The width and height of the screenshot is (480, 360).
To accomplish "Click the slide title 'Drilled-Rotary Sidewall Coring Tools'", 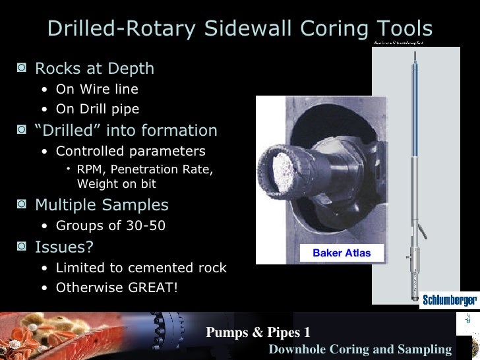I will (240, 28).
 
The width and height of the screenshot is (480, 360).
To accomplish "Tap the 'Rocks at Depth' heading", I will (94, 69).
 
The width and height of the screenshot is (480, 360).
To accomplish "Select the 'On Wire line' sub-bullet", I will (97, 89).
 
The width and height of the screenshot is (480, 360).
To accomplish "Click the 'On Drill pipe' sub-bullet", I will (98, 109).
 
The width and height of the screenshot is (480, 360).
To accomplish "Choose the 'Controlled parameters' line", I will (131, 151).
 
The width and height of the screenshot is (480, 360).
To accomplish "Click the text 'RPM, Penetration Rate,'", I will (145, 170).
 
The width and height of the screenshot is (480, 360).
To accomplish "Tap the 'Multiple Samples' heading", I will (102, 205).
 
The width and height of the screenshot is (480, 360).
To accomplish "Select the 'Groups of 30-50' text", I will (110, 226).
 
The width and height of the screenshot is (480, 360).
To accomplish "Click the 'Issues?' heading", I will (64, 247).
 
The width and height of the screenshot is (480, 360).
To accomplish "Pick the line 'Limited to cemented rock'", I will (141, 268).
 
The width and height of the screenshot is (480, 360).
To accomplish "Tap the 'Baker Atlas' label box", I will (342, 253).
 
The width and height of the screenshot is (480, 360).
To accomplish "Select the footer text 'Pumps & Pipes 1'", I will (258, 332).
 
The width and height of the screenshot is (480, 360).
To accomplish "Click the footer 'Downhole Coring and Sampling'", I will (360, 349).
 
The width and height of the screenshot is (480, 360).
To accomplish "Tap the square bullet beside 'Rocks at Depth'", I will (23, 69).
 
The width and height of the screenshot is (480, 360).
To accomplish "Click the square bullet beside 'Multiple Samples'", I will (23, 205).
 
